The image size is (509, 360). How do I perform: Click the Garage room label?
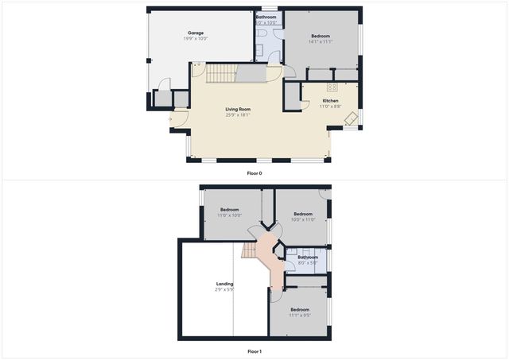pyautogui.click(x=196, y=33)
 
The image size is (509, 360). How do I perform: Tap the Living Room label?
pyautogui.click(x=239, y=109)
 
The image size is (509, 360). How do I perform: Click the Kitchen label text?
pyautogui.click(x=330, y=101)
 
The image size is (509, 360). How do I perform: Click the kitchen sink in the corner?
pyautogui.click(x=350, y=118)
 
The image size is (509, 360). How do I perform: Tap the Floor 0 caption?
pyautogui.click(x=254, y=172)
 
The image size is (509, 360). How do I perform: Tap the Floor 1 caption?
pyautogui.click(x=254, y=350)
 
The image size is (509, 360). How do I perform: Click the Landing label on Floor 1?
pyautogui.click(x=224, y=284)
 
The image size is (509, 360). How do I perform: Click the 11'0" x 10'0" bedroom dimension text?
pyautogui.click(x=229, y=215)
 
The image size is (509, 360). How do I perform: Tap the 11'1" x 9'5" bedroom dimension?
pyautogui.click(x=299, y=315)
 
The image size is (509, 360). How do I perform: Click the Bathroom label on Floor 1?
pyautogui.click(x=308, y=257)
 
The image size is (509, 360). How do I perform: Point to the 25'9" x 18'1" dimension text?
pyautogui.click(x=239, y=115)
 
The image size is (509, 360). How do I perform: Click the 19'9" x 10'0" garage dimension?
pyautogui.click(x=196, y=39)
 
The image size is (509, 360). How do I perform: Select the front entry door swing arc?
pyautogui.click(x=181, y=121)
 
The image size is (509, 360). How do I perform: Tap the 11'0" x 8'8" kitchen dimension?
pyautogui.click(x=330, y=106)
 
